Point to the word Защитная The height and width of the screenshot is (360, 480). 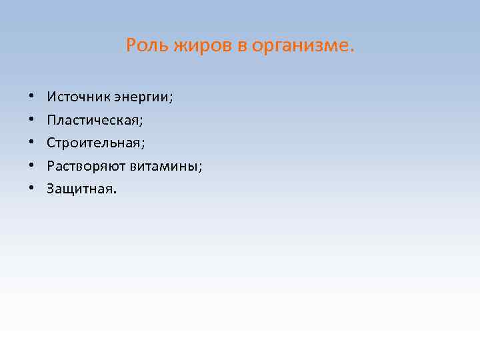point(79,189)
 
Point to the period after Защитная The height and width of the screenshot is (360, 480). point(115,191)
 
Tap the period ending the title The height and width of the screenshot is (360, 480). point(353,51)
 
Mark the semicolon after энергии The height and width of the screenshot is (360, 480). point(171,100)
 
